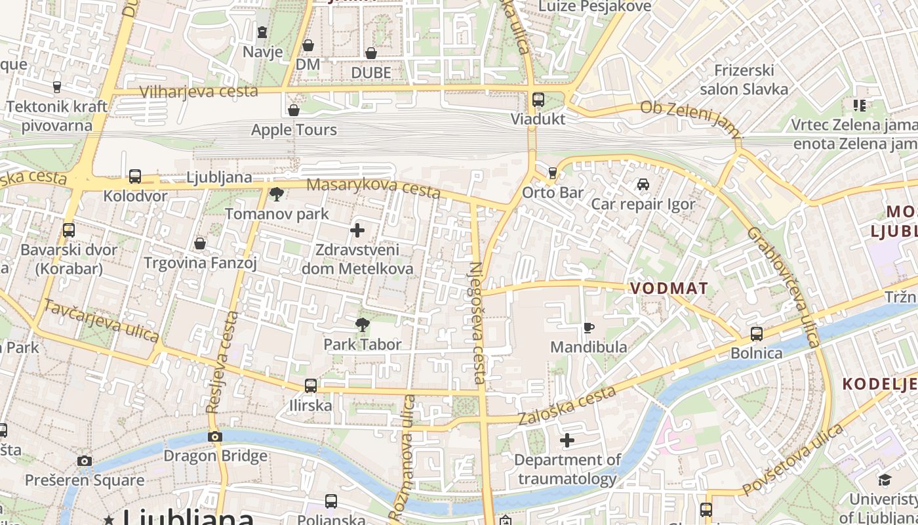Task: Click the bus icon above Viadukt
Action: tap(538, 100)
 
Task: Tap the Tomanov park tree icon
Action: tap(277, 194)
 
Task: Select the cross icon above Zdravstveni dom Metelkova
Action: tap(357, 230)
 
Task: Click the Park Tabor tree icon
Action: tap(362, 324)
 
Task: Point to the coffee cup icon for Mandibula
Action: tap(589, 327)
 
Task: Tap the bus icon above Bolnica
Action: tap(757, 333)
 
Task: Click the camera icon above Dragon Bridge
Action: tap(214, 436)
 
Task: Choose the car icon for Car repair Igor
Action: tap(643, 184)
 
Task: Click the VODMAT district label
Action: tap(669, 289)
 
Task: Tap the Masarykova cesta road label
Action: tap(372, 188)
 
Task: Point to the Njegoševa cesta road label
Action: tap(477, 323)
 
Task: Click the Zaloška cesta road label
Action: tap(568, 405)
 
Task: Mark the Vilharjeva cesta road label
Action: tap(199, 91)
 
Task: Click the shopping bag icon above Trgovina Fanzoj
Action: tap(200, 243)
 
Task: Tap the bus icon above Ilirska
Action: tap(311, 385)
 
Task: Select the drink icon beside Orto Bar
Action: tap(553, 173)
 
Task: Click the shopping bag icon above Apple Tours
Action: tap(294, 110)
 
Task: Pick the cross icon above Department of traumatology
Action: tap(567, 440)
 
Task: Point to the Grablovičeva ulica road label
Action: tap(783, 287)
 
